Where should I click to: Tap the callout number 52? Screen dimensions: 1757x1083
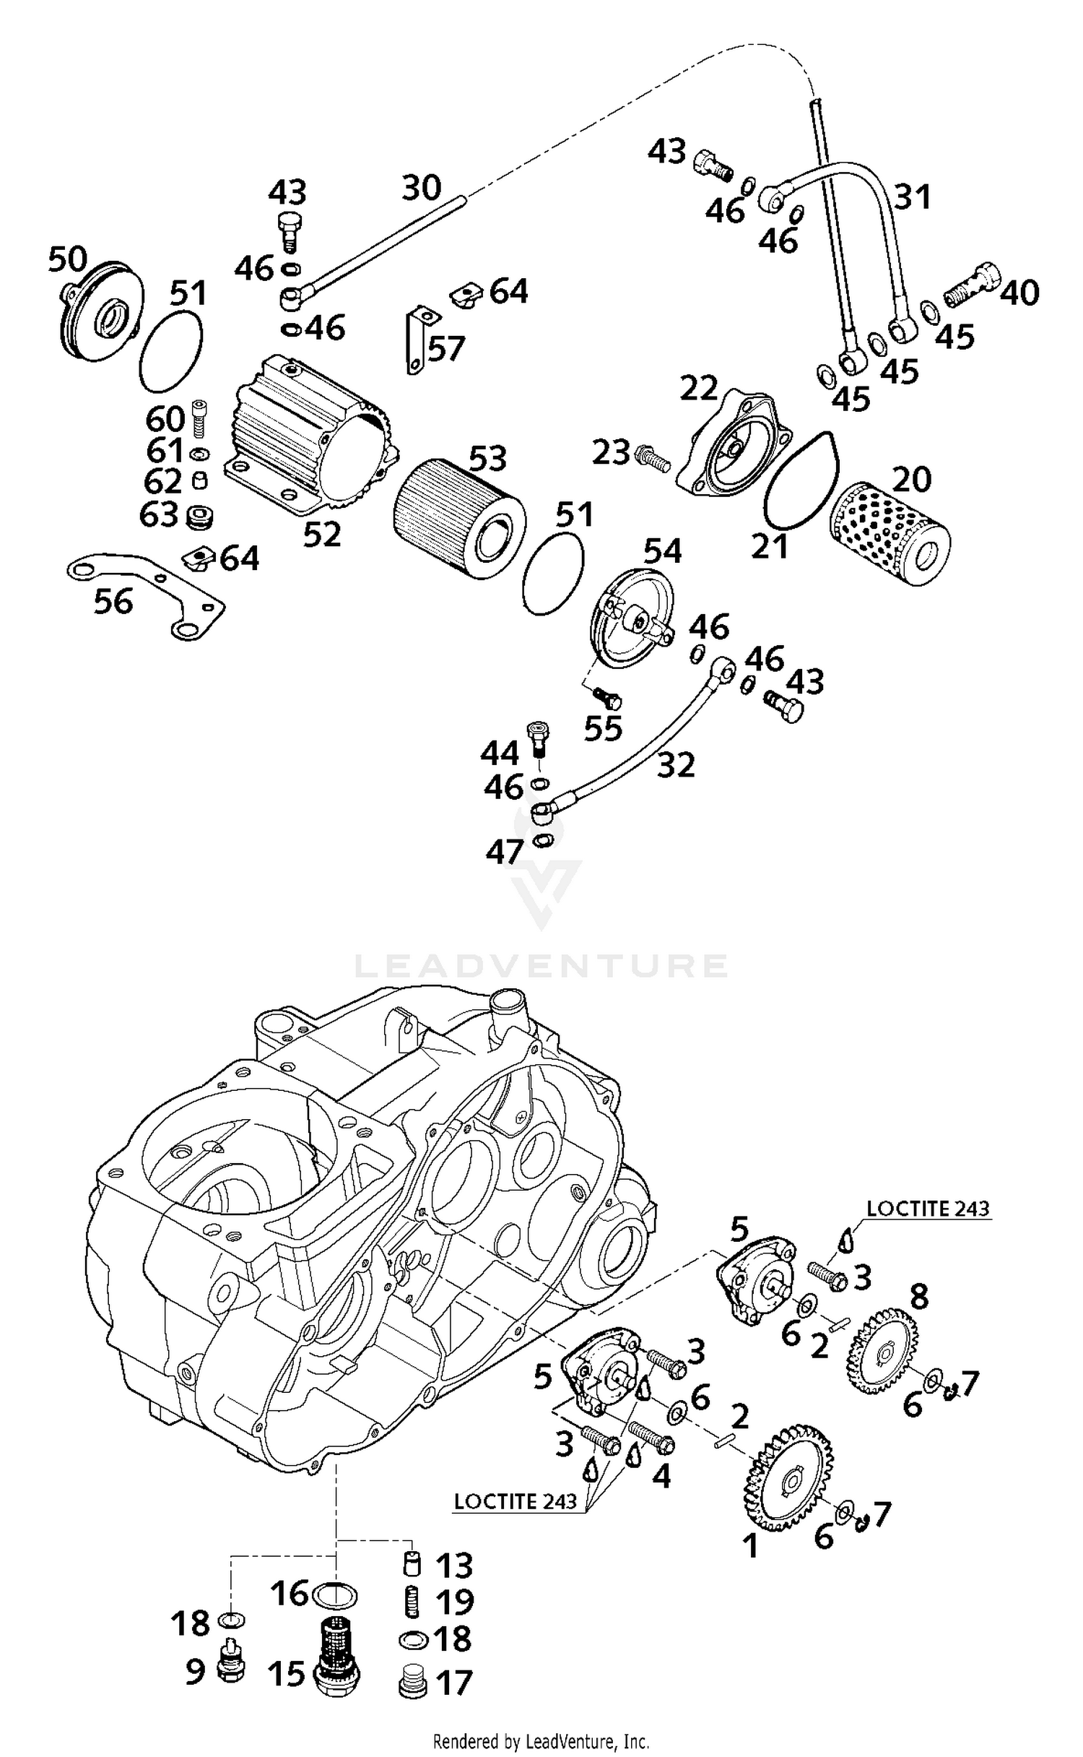pos(322,535)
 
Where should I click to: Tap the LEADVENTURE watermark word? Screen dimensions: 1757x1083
pos(541,966)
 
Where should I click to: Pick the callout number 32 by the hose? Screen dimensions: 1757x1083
pos(676,765)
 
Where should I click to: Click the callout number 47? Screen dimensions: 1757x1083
pos(504,852)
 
